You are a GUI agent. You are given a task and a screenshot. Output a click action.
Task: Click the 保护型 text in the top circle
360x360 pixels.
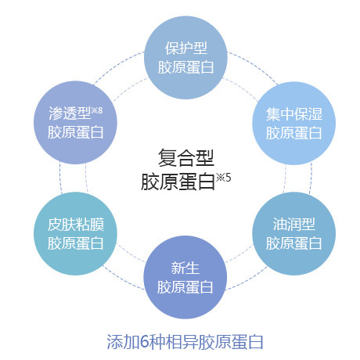pyautogui.click(x=186, y=49)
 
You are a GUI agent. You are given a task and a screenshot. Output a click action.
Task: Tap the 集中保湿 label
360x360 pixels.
pyautogui.click(x=294, y=114)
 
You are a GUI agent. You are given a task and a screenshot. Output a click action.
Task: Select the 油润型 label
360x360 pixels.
pyautogui.click(x=294, y=225)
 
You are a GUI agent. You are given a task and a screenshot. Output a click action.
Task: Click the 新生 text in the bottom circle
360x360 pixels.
pyautogui.click(x=185, y=268)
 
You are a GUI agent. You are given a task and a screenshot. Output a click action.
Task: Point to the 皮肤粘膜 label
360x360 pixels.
pyautogui.click(x=76, y=225)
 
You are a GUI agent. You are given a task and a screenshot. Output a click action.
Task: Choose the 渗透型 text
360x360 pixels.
pyautogui.click(x=70, y=113)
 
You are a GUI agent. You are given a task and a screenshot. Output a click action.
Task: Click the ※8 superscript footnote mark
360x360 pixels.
pyautogui.click(x=97, y=110)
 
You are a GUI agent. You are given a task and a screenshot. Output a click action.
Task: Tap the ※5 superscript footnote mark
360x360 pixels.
pyautogui.click(x=224, y=178)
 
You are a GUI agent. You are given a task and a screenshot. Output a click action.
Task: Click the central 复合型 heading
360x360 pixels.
pyautogui.click(x=186, y=158)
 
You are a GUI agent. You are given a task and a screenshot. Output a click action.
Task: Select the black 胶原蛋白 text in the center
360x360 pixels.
pyautogui.click(x=178, y=182)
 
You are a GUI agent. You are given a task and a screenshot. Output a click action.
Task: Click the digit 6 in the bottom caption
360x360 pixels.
pyautogui.click(x=144, y=342)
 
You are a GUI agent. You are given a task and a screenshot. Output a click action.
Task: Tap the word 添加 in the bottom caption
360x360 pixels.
pyautogui.click(x=123, y=342)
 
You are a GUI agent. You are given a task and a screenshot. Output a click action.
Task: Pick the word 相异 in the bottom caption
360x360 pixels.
pyautogui.click(x=182, y=342)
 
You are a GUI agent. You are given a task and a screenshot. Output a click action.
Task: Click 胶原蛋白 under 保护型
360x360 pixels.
pyautogui.click(x=185, y=67)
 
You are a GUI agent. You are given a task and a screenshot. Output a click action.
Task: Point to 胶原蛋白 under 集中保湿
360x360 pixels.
pyautogui.click(x=293, y=133)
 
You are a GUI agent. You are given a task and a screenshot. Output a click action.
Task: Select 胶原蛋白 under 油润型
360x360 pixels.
pyautogui.click(x=293, y=243)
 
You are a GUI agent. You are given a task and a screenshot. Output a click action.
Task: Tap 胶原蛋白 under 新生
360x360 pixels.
pyautogui.click(x=185, y=287)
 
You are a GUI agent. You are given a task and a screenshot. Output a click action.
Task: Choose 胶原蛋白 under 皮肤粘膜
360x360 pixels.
pyautogui.click(x=76, y=243)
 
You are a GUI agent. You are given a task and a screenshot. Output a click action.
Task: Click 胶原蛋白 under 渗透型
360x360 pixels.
pyautogui.click(x=76, y=132)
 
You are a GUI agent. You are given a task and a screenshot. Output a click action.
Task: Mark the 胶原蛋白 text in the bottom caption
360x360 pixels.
pyautogui.click(x=231, y=342)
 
